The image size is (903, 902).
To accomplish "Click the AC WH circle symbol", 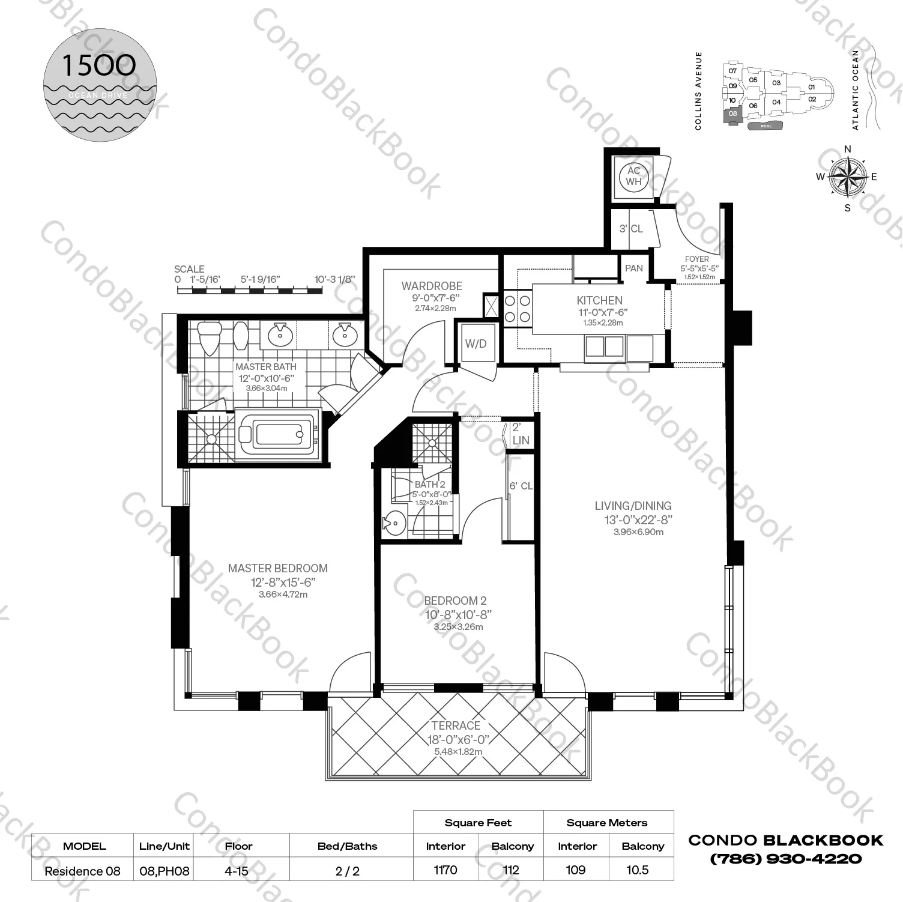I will (634, 176).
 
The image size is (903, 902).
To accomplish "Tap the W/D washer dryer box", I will (476, 344).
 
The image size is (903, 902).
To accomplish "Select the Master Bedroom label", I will (278, 568).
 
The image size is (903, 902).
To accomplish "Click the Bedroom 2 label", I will (455, 601).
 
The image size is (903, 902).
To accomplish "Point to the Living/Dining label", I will (633, 506).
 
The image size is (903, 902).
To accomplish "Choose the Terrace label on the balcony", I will (456, 726).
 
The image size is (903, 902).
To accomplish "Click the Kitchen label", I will (599, 300).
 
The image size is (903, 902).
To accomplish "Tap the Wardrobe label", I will (432, 286).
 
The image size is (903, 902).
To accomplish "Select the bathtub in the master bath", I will (276, 434).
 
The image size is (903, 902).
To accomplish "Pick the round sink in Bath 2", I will (394, 523).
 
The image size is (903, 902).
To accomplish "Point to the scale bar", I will (250, 291).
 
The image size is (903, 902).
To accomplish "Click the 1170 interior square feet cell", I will (445, 870).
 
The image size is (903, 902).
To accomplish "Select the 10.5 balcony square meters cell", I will (637, 870).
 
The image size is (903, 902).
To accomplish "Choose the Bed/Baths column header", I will (347, 846).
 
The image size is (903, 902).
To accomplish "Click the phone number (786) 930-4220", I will (786, 859).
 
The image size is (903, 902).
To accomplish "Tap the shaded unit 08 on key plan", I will (732, 115).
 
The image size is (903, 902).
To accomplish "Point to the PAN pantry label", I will (633, 268).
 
